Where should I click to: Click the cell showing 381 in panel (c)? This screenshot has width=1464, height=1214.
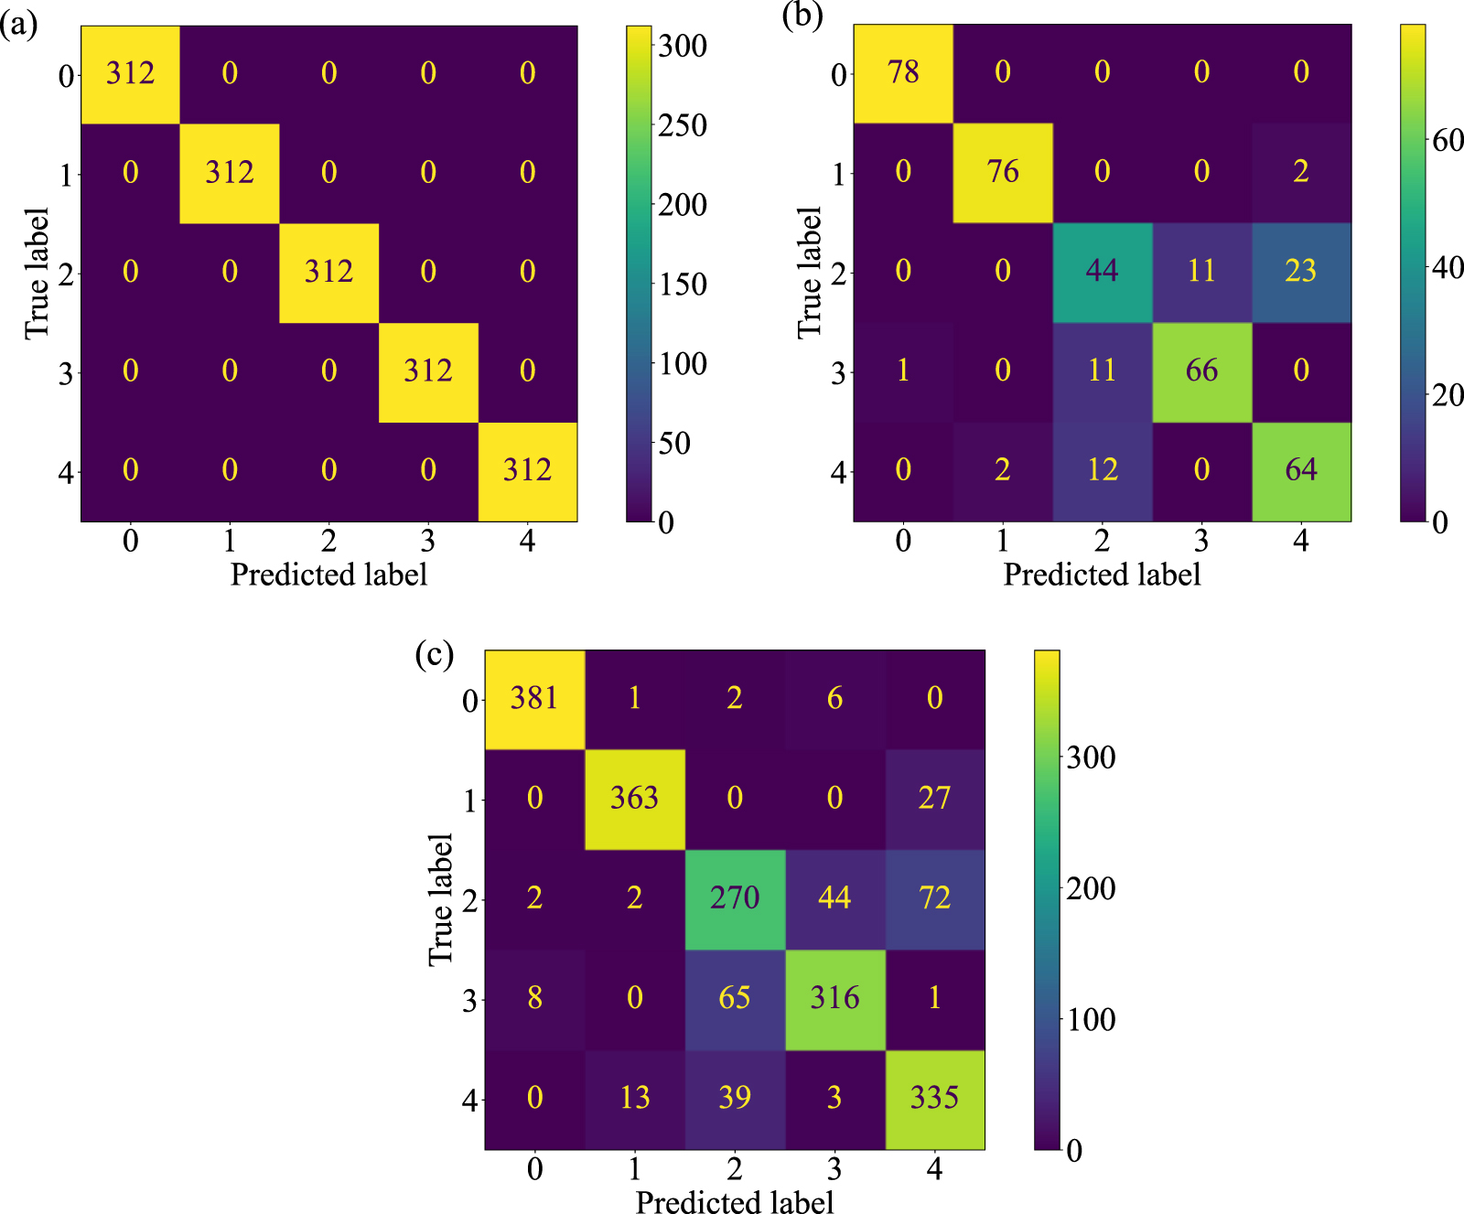[534, 699]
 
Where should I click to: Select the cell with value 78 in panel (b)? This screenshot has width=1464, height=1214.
[903, 73]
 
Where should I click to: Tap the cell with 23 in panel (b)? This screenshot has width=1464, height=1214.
[1300, 272]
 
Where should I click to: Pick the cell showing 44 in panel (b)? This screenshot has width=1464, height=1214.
[1102, 272]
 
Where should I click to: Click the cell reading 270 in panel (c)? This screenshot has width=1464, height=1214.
[735, 898]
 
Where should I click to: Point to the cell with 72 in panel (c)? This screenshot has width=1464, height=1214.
[934, 898]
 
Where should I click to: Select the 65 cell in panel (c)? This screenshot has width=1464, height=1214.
[735, 998]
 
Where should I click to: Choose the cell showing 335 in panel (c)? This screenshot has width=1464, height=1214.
[934, 1098]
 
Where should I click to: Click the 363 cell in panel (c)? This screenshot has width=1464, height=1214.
[634, 799]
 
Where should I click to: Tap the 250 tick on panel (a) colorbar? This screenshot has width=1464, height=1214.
[682, 125]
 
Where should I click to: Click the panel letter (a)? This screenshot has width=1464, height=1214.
[19, 25]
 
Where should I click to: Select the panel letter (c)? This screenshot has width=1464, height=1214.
[434, 654]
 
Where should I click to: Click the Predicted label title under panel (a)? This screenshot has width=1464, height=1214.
[328, 575]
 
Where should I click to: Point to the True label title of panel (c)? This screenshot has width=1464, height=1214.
[441, 899]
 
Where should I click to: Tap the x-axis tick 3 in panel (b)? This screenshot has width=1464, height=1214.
[1201, 542]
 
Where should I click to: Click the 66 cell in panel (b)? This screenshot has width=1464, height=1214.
[1201, 371]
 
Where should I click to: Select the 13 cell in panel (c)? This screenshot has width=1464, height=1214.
[634, 1098]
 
